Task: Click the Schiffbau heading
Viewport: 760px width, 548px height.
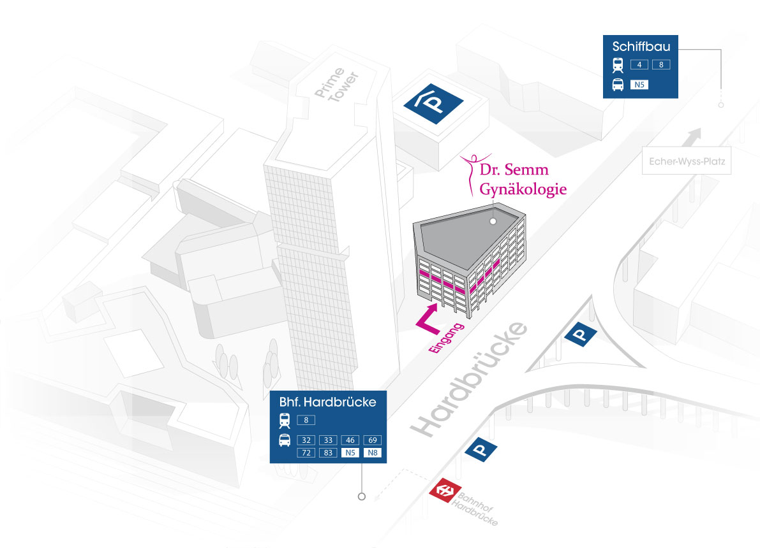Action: click(x=641, y=47)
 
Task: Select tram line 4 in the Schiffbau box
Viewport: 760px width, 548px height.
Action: click(x=639, y=64)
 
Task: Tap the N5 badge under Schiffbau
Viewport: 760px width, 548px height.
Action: click(x=639, y=85)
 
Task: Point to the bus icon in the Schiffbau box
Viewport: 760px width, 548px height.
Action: click(x=618, y=85)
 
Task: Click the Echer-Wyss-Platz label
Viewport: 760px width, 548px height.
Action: click(x=687, y=161)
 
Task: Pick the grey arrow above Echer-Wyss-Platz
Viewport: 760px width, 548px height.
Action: click(x=692, y=136)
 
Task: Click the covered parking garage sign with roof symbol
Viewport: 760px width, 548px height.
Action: click(x=433, y=104)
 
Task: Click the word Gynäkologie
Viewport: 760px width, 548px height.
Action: click(x=523, y=189)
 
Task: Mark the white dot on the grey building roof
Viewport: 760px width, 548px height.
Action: click(x=493, y=221)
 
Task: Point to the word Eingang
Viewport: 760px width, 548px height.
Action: click(x=447, y=338)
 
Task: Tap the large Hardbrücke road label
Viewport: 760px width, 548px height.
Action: click(x=469, y=379)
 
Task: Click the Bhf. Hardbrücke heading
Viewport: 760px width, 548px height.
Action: click(x=327, y=402)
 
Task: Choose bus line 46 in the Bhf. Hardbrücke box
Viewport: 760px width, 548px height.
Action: click(x=350, y=440)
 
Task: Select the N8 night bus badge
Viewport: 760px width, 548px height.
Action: click(x=372, y=452)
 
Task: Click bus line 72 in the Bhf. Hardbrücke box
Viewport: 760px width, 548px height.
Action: click(x=306, y=452)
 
